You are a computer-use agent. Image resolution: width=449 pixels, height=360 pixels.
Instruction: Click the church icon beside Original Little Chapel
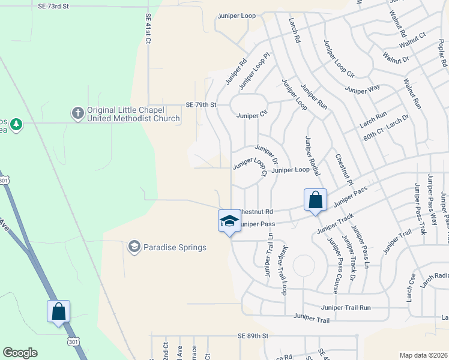click(x=77, y=113)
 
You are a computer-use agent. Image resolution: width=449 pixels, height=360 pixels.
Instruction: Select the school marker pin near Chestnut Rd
click(x=229, y=221)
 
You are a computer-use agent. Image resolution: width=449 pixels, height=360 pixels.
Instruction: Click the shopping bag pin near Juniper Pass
click(x=315, y=200)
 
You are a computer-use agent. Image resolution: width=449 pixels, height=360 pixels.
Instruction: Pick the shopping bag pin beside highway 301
click(x=58, y=312)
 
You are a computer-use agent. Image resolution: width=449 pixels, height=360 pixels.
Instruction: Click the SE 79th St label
click(x=200, y=104)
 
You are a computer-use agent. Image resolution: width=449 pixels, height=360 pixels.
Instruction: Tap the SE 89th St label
click(x=252, y=337)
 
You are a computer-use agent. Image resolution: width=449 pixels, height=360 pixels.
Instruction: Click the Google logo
click(x=20, y=353)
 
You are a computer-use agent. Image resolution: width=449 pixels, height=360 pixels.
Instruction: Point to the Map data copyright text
click(x=423, y=355)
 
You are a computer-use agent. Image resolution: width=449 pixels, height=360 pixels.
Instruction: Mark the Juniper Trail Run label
click(x=346, y=307)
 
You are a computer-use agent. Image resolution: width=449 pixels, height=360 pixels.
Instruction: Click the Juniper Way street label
click(x=362, y=89)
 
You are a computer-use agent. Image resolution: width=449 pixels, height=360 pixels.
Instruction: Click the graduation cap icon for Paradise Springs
click(x=134, y=247)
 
